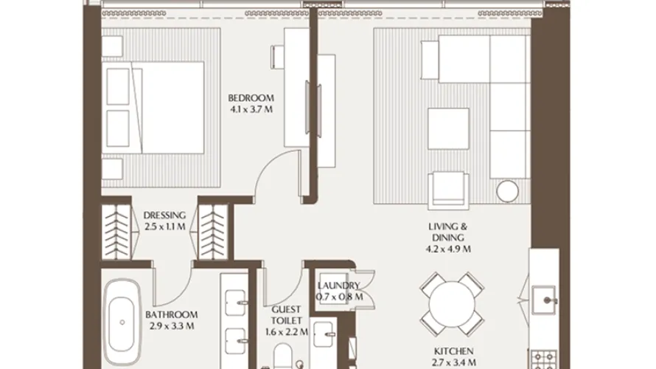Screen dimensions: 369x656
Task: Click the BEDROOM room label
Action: pos(251,98)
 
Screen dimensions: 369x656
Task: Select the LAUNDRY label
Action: pos(339,286)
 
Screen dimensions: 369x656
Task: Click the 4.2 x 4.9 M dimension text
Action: pos(449,249)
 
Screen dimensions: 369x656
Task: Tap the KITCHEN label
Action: pos(449,351)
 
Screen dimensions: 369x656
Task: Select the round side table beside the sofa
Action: pos(508,191)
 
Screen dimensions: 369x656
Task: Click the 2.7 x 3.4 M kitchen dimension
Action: pos(449,364)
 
